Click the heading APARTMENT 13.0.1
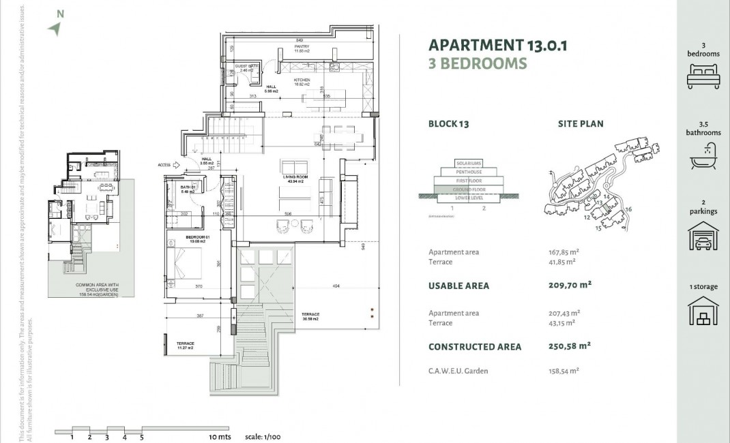(x=497, y=46)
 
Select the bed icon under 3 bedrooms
(x=703, y=74)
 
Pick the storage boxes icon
(x=703, y=312)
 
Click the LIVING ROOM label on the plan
(x=295, y=178)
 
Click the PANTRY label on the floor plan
(x=302, y=47)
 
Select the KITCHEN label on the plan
(x=302, y=80)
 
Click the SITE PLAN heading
(x=581, y=124)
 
